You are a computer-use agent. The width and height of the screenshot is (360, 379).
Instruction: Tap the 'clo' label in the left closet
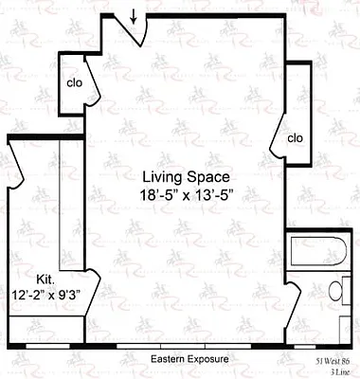click(74, 81)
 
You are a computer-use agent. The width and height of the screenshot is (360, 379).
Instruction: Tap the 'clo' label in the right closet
click(295, 138)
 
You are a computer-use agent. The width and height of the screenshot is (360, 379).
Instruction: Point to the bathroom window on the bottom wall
click(320, 347)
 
